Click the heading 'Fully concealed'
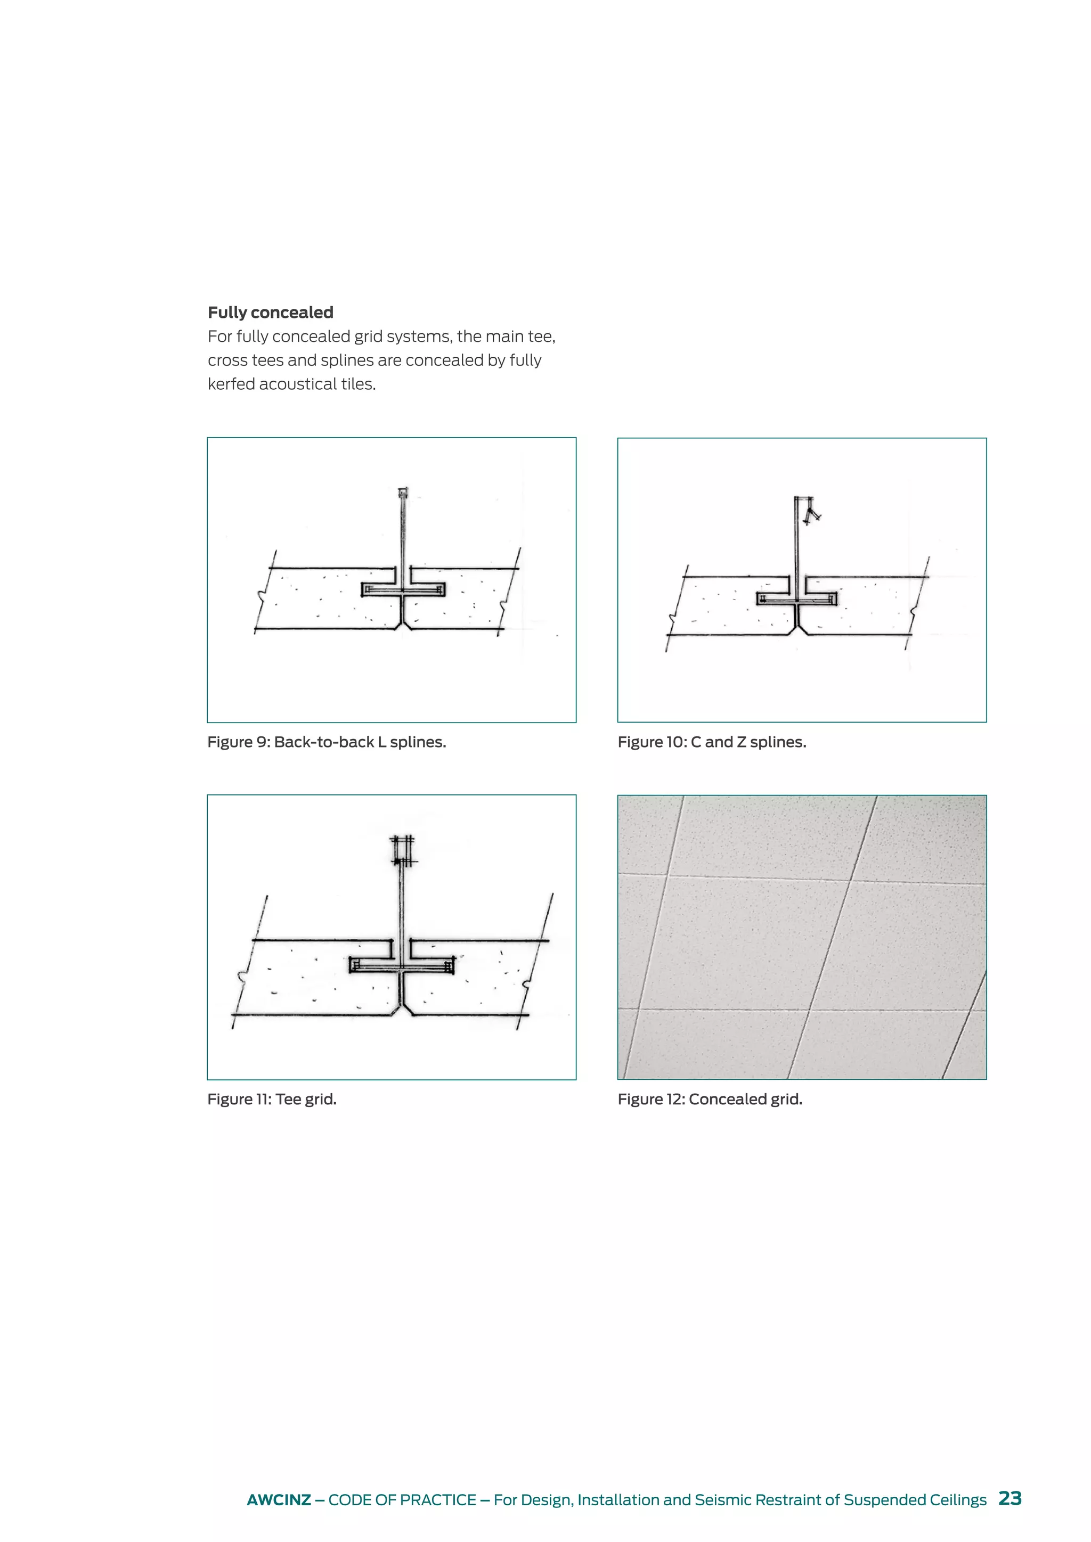270,313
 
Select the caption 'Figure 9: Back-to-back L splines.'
327,742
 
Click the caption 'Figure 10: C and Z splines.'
711,742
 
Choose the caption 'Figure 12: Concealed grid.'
710,1100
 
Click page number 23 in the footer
1009,1498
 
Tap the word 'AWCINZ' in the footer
278,1500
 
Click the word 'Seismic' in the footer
723,1500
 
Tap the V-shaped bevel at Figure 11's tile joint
402,1007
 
